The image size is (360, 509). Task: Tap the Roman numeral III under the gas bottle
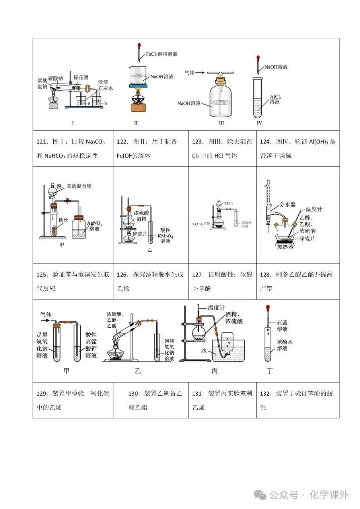[x=221, y=123]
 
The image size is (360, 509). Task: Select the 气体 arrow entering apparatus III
[x=195, y=73]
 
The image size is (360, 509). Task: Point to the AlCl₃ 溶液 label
[x=275, y=99]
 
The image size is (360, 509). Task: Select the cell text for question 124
[x=298, y=148]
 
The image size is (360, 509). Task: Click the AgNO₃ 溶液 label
[x=95, y=226]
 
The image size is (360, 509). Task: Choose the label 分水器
[x=288, y=204]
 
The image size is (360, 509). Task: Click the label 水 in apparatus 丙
[x=204, y=351]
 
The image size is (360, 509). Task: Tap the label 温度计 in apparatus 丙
[x=217, y=307]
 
